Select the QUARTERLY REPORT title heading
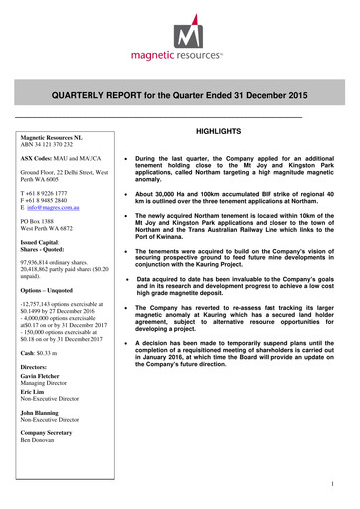[179, 99]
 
